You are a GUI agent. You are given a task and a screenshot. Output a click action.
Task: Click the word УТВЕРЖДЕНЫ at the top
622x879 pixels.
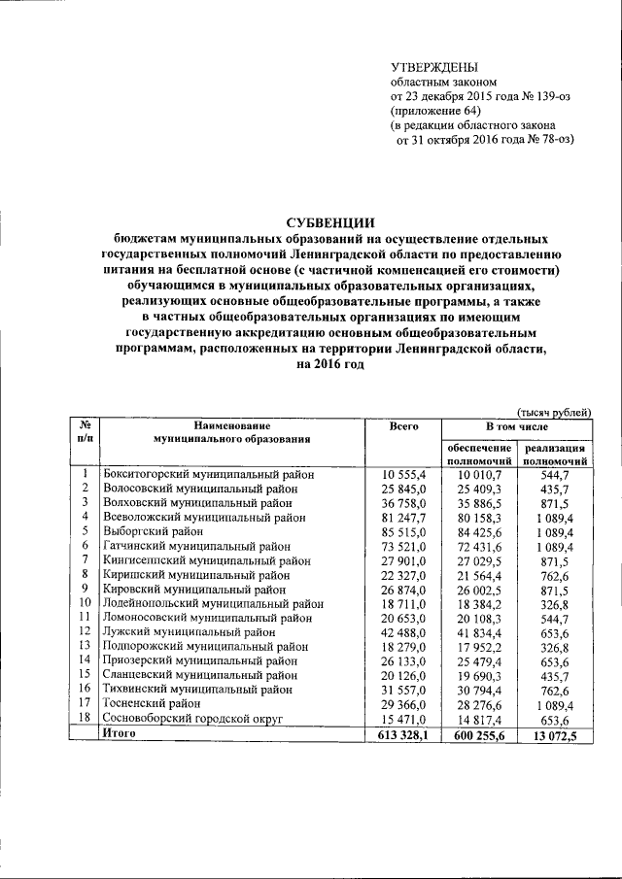(433, 67)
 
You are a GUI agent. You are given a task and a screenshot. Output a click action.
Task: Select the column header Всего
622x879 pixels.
(403, 426)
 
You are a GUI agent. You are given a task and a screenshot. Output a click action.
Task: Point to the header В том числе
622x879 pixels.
(517, 426)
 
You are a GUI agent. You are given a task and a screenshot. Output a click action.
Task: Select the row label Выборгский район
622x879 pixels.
(153, 531)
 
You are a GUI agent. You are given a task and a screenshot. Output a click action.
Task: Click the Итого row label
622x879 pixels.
(120, 733)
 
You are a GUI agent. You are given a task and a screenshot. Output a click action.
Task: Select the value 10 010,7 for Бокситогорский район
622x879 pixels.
(479, 474)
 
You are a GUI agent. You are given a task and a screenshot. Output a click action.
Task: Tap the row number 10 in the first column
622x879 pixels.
(86, 603)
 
